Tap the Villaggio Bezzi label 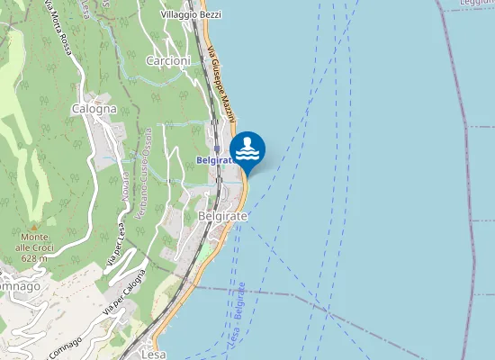coord(191,16)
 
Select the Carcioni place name coord(168,61)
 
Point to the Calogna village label coord(94,109)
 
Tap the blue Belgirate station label coord(214,160)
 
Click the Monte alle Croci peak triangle coord(34,226)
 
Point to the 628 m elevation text coord(34,258)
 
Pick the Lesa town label coord(154,354)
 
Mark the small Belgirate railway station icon coord(217,149)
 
